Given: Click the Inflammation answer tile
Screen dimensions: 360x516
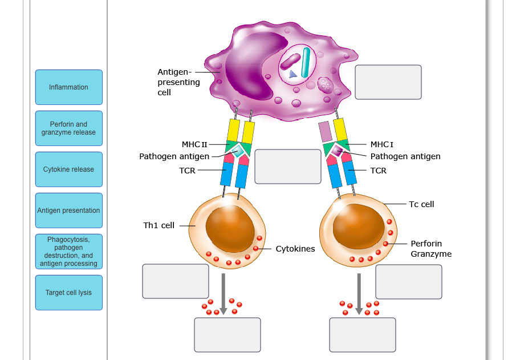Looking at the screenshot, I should coord(68,87).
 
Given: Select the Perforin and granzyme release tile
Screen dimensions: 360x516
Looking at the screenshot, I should coord(68,128).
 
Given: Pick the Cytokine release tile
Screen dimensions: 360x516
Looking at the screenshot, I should coord(68,169).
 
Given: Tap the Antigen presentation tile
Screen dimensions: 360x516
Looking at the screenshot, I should coord(68,211).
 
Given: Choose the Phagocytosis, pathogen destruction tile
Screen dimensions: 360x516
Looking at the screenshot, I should coord(68,252).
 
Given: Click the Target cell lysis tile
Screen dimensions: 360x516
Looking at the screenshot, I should coord(68,293).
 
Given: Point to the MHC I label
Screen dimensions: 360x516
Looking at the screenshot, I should coord(382,145).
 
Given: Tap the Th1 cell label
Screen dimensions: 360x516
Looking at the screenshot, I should coord(159,225).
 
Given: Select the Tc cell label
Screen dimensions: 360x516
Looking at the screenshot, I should coord(421,204).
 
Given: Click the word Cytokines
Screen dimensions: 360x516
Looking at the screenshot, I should coord(295,249).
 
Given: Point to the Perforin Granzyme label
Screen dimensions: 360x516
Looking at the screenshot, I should coord(430,249).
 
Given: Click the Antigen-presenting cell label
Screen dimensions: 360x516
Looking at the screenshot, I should coord(178,82).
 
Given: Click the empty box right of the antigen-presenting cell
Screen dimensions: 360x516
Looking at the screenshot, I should coord(388,82).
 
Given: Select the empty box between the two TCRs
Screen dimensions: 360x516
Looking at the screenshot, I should coord(287,167).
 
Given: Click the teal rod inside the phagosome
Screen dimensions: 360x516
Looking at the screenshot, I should coord(306,62).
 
